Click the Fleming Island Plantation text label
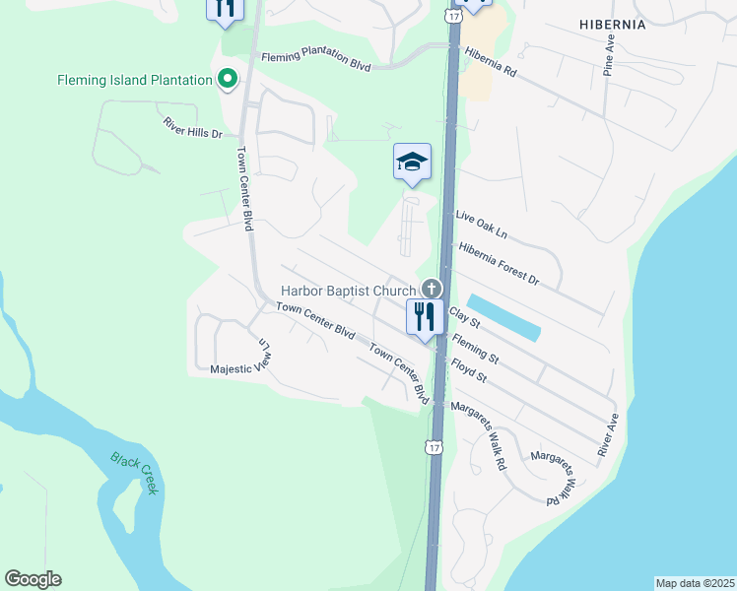[136, 80]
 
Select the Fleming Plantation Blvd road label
[315, 62]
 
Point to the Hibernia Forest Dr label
[500, 263]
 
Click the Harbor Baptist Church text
[349, 291]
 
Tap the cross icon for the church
[431, 290]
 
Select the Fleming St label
[476, 346]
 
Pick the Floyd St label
[469, 370]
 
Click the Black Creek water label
[134, 473]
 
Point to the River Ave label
[607, 434]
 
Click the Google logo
[33, 579]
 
